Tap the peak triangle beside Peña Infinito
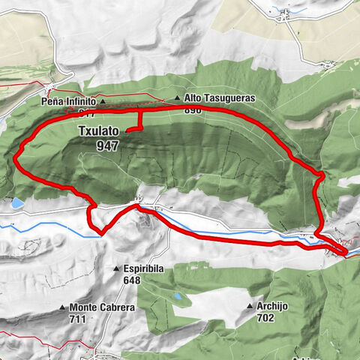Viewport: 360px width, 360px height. [x=103, y=100]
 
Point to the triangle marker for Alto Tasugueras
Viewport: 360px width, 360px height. [x=178, y=98]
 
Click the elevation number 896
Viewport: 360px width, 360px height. [x=194, y=109]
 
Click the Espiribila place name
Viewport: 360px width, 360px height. [x=148, y=268]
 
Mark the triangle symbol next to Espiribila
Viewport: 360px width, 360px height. [x=116, y=268]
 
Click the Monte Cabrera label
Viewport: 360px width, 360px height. [x=102, y=307]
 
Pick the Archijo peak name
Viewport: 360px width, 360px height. [x=274, y=306]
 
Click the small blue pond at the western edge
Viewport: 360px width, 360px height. [x=16, y=202]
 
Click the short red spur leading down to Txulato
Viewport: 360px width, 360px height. [x=140, y=120]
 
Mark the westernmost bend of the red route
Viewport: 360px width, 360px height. [x=16, y=157]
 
